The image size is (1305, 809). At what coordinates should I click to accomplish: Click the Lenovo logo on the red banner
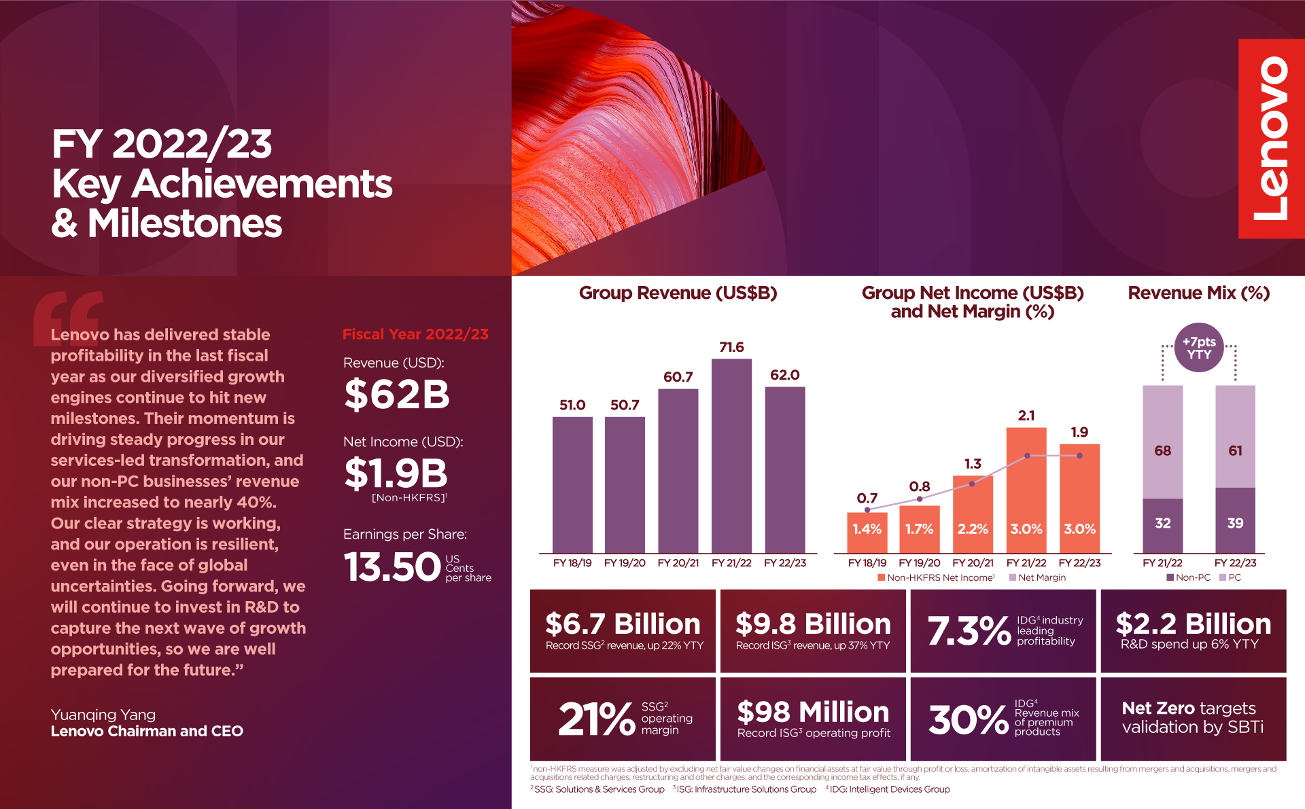(x=1271, y=139)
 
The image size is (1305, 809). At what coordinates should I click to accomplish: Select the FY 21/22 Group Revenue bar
(x=731, y=455)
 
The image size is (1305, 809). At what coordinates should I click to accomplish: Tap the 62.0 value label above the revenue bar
(x=784, y=375)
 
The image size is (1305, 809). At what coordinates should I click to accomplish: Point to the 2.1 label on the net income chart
(x=1026, y=416)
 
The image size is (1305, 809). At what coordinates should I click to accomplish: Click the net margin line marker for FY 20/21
(x=972, y=484)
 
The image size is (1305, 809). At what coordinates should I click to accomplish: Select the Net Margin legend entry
(x=1037, y=577)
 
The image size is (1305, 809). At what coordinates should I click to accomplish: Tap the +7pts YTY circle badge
(x=1199, y=348)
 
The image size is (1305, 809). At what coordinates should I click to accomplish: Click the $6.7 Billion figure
(x=623, y=624)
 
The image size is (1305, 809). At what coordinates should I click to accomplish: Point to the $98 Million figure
(x=813, y=712)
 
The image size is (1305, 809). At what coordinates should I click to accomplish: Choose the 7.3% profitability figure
(x=969, y=631)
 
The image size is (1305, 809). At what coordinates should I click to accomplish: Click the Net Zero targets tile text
(x=1193, y=718)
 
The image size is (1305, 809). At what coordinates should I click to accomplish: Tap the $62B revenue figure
(x=397, y=395)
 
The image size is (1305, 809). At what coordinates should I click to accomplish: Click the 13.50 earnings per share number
(x=393, y=567)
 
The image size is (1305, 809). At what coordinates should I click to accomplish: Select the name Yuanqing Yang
(x=103, y=715)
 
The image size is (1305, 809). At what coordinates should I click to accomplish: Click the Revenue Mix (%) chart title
(x=1198, y=293)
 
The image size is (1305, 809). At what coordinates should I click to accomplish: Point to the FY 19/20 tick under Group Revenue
(x=625, y=563)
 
